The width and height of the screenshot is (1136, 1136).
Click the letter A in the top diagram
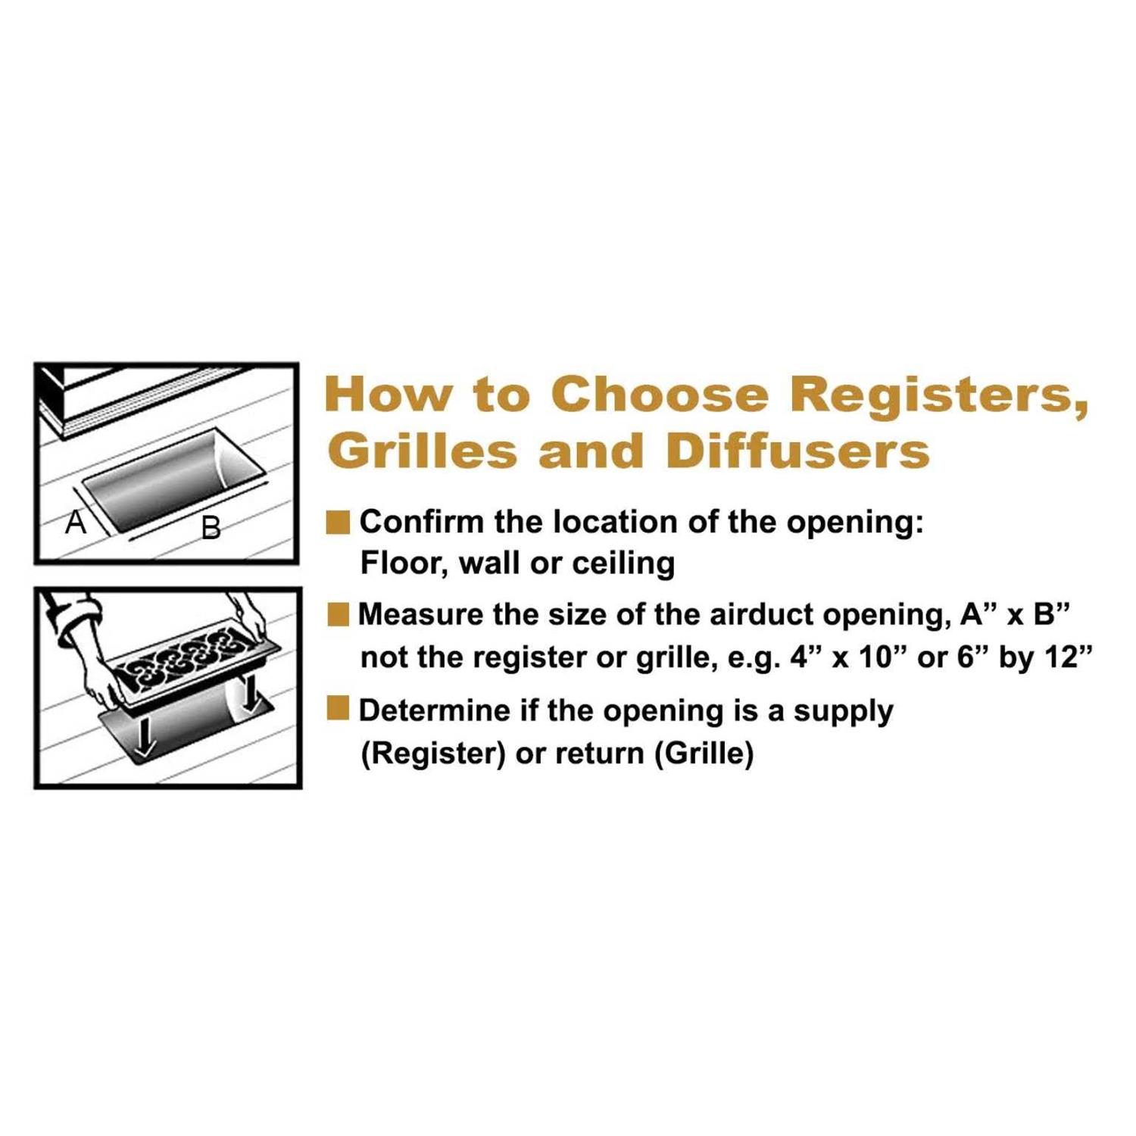pos(75,522)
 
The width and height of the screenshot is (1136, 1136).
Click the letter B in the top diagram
pos(211,527)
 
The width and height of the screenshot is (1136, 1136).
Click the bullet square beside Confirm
pos(338,523)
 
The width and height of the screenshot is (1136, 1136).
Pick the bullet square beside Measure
pos(338,614)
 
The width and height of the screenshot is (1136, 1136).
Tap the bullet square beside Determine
pos(338,709)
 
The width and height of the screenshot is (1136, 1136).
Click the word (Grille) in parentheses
pos(704,754)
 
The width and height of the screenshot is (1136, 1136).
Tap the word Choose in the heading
pos(659,395)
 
